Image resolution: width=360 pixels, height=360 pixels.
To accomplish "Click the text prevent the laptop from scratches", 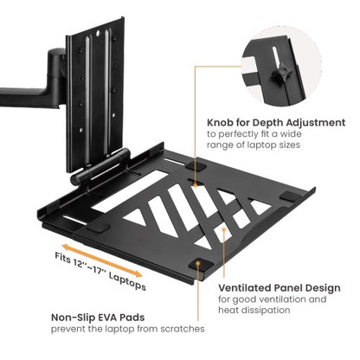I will tap(127, 329).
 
